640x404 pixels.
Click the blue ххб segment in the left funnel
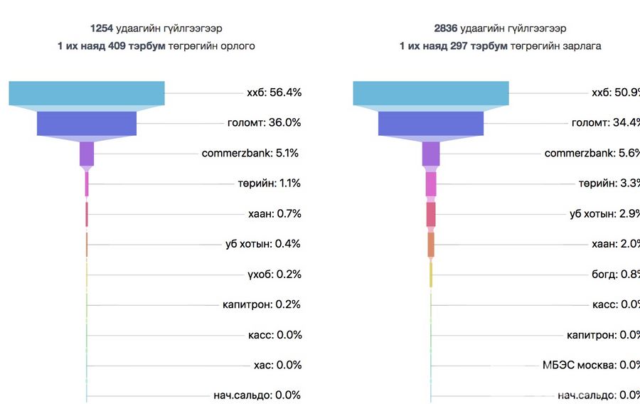pyautogui.click(x=87, y=93)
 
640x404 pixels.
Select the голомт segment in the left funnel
pyautogui.click(x=87, y=123)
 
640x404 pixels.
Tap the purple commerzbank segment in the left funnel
pyautogui.click(x=87, y=154)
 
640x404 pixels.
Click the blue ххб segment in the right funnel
pyautogui.click(x=431, y=93)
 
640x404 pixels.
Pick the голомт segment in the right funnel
pyautogui.click(x=431, y=123)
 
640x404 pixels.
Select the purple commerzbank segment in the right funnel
pyautogui.click(x=431, y=154)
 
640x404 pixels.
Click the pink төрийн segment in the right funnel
pyautogui.click(x=431, y=184)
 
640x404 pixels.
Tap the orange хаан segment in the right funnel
pyautogui.click(x=431, y=245)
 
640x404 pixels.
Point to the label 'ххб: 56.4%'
pyautogui.click(x=274, y=92)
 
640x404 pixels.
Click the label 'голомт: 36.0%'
pyautogui.click(x=264, y=122)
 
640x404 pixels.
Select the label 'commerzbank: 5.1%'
pyautogui.click(x=250, y=153)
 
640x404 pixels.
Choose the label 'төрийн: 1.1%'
pyautogui.click(x=269, y=184)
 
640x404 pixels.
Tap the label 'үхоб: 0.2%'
pyautogui.click(x=274, y=275)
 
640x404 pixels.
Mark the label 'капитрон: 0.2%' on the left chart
pyautogui.click(x=261, y=304)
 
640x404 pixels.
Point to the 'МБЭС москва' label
pyautogui.click(x=579, y=365)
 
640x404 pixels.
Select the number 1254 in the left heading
pyautogui.click(x=102, y=29)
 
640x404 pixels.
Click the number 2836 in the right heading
pyautogui.click(x=447, y=29)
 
